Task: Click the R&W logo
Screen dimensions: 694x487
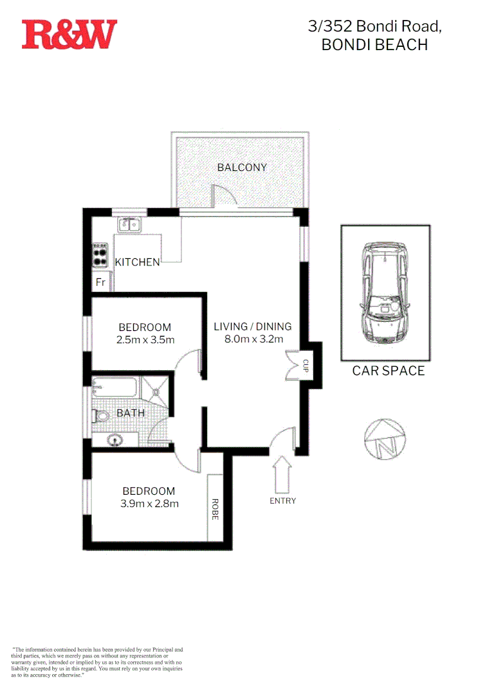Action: coord(69,34)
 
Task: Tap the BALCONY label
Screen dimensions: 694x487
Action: coord(241,168)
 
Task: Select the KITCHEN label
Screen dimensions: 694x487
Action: coord(137,262)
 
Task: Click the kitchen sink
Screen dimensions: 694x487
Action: coord(131,225)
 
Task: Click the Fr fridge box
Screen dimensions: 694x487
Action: coord(101,282)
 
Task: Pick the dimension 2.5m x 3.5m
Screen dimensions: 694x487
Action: coord(145,340)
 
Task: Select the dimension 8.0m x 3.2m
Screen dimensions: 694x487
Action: coord(253,339)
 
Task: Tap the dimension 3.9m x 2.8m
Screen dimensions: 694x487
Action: coord(149,504)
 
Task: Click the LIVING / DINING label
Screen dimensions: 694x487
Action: coord(253,326)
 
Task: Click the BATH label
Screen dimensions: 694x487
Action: coord(131,413)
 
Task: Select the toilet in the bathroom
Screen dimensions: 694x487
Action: coord(101,416)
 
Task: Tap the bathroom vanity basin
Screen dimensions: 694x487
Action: coord(115,440)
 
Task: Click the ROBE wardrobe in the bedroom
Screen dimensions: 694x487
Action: coord(215,508)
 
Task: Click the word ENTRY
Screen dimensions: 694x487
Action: coord(282,501)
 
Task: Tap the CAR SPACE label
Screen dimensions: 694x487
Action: coord(388,371)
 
